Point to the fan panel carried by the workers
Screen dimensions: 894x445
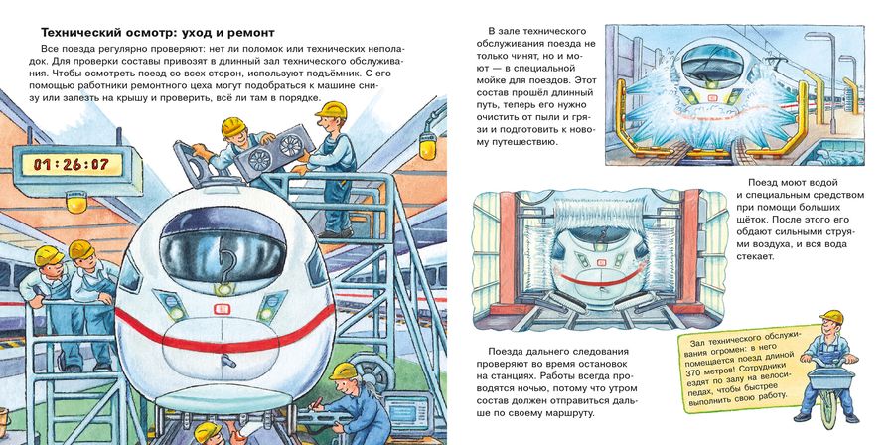point(275,153)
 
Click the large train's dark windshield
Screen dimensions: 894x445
point(223,243)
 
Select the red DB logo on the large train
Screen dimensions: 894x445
point(222,309)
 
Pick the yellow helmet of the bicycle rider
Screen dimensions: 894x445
point(830,318)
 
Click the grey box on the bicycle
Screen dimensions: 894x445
point(830,377)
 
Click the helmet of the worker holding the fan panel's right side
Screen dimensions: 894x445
point(331,109)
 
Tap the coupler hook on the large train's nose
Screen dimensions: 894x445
point(228,361)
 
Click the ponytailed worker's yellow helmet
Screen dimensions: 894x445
point(344,372)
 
